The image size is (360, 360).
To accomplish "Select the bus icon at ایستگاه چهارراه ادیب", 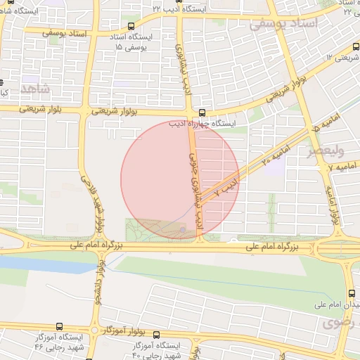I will point(202,112).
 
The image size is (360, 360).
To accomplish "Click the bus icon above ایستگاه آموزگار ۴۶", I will point(59,327).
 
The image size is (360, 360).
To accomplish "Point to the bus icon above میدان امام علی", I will point(352,294).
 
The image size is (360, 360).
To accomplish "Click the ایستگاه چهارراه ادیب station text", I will point(201,123).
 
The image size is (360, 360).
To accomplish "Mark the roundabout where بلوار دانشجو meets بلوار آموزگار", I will point(94,329).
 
